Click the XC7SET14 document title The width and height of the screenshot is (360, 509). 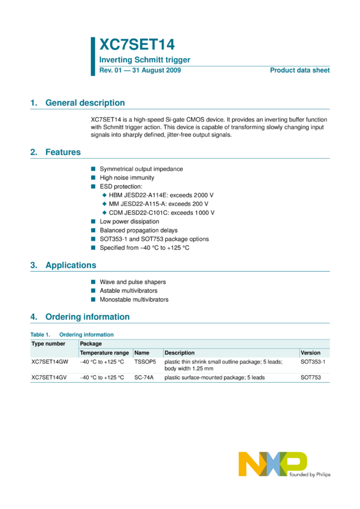coord(137,45)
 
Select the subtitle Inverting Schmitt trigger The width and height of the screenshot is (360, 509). coord(144,60)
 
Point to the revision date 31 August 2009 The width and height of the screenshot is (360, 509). coord(157,71)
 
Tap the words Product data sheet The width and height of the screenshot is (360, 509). coord(300,71)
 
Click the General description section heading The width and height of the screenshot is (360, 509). coord(85,103)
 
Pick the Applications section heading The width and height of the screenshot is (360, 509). coord(71,265)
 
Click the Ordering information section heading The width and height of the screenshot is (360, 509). coord(87,317)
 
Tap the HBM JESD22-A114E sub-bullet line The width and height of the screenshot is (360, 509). coord(162,195)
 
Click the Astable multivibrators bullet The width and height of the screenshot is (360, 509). coord(129,290)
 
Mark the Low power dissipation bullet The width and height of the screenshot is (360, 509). coord(129,222)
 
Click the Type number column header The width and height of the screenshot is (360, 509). coord(49,344)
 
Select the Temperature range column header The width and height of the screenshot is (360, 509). coord(104,353)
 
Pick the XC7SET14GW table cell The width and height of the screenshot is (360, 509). coord(50,362)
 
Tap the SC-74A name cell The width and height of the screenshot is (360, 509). coord(144,378)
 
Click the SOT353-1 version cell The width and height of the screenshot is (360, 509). coord(313,362)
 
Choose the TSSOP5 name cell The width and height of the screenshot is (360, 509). coord(145,362)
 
